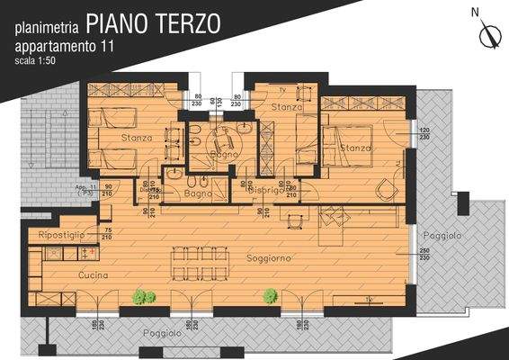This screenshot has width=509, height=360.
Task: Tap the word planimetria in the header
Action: coord(51,26)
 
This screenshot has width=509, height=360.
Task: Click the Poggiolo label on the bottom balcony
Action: coord(162,333)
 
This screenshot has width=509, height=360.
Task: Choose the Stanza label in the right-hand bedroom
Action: coord(356,148)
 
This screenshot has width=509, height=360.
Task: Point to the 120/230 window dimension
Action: coord(425,135)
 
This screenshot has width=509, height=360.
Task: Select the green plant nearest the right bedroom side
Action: coord(269,295)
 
